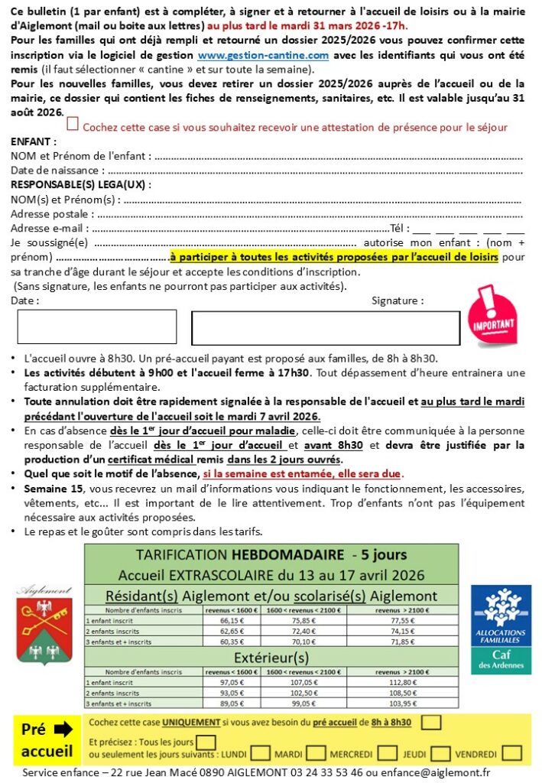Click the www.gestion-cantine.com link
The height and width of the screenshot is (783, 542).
(x=263, y=56)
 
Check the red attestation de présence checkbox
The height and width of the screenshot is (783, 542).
(x=73, y=124)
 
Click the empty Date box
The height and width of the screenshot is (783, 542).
(x=97, y=327)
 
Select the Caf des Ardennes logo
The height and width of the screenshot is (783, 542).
(x=501, y=629)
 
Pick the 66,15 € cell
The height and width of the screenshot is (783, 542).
(x=232, y=622)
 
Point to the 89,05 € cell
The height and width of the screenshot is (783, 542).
(x=232, y=702)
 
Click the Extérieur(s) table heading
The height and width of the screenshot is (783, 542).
(x=271, y=657)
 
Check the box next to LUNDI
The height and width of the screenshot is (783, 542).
(x=260, y=753)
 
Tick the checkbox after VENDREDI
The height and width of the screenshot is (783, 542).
(x=512, y=753)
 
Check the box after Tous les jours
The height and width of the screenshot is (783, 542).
(x=206, y=741)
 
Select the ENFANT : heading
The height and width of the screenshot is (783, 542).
(x=34, y=142)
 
